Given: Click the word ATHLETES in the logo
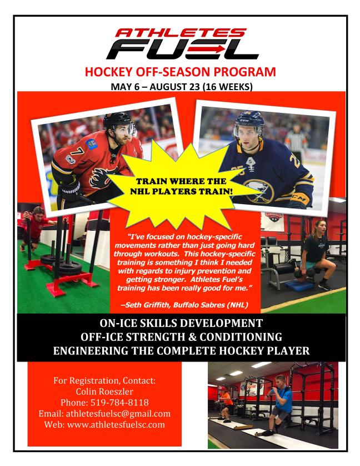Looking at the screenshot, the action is (181, 32).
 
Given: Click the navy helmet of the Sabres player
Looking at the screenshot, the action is (249, 118).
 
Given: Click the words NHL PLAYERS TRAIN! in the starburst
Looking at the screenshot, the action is (181, 191).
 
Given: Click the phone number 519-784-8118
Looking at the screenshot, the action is (119, 403).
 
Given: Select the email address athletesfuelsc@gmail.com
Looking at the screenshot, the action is (118, 413).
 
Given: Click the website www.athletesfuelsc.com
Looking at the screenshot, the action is (116, 424).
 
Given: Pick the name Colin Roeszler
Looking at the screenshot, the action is (104, 391).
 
